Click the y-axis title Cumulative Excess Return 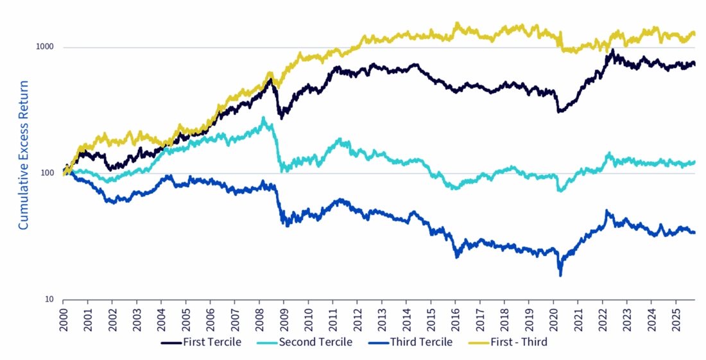23,155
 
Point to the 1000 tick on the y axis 45,47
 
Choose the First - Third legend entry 516,342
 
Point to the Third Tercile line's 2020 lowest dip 560,275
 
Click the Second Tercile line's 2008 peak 263,118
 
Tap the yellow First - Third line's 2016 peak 457,24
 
